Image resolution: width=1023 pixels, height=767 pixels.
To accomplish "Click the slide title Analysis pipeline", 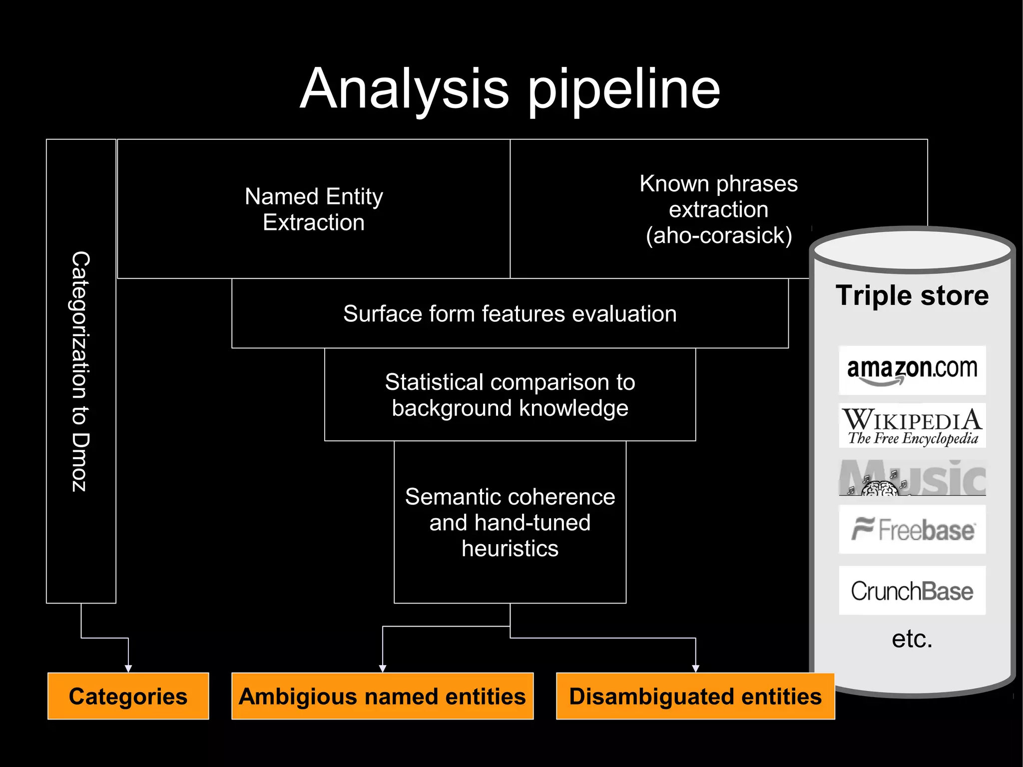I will (x=510, y=90).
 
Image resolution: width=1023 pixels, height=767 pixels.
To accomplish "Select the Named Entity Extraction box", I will (x=314, y=209).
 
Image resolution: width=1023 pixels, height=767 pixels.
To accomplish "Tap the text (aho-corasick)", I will (x=718, y=235).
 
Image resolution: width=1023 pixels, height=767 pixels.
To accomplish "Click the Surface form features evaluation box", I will (x=510, y=314).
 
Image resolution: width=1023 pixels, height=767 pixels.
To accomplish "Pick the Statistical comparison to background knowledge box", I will (x=510, y=395).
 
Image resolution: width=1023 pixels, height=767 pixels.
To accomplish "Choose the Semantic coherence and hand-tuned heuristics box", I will (x=510, y=522).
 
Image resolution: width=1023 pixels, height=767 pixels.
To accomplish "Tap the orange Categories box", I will (x=128, y=696).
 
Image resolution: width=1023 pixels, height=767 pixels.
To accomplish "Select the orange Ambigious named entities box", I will (x=382, y=696).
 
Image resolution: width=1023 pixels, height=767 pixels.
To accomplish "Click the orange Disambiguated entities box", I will (x=695, y=696).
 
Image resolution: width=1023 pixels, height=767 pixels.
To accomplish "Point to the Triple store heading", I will (x=912, y=295).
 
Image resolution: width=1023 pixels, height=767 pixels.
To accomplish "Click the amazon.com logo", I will (x=912, y=370).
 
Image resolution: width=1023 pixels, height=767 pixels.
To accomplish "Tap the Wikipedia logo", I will (x=912, y=426).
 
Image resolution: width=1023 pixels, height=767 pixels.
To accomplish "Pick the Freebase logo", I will (x=912, y=530).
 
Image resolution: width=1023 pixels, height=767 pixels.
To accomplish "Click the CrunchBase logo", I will (x=912, y=591).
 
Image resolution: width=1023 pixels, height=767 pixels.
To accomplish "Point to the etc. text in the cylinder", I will (x=912, y=639).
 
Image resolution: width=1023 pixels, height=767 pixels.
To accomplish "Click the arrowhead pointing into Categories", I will (x=128, y=669).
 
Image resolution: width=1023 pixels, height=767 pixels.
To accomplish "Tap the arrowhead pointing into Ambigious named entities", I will (x=383, y=669).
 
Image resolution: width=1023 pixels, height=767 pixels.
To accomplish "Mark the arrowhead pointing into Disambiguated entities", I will (x=695, y=669).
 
